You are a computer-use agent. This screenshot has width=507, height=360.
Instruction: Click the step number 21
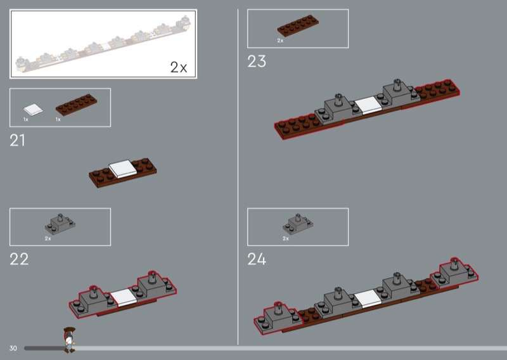[x=17, y=140]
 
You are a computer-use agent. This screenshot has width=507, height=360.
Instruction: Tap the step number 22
[x=19, y=259]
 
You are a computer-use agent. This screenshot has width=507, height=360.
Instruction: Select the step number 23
[x=257, y=61]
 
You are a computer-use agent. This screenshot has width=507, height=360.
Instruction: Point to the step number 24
[x=257, y=259]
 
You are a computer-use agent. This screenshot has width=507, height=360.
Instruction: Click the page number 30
[x=13, y=349]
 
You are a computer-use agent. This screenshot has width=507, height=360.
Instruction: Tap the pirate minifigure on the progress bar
[x=69, y=340]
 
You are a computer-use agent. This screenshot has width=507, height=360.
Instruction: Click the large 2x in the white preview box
[x=179, y=67]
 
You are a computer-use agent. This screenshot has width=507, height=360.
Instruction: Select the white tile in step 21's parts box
[x=33, y=110]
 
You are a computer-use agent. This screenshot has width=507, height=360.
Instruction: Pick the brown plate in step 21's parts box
[x=76, y=105]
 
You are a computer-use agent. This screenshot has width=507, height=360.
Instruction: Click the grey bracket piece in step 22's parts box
[x=60, y=224]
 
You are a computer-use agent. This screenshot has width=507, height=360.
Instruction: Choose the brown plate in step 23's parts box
[x=298, y=25]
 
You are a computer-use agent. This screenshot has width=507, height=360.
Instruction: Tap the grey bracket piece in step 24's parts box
[x=298, y=224]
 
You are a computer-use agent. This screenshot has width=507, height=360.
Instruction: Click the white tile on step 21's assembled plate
[x=122, y=169]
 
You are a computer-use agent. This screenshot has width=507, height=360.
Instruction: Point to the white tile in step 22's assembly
[x=124, y=298]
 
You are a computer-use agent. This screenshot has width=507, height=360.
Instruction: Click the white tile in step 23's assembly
[x=369, y=105]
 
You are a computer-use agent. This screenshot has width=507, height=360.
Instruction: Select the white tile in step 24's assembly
[x=368, y=299]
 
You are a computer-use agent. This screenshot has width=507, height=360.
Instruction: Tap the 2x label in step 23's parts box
[x=280, y=41]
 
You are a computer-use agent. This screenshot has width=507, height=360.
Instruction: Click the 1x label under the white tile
[x=26, y=119]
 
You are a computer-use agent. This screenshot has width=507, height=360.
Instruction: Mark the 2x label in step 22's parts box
[x=48, y=239]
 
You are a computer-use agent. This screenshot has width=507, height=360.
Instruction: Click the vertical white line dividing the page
[x=238, y=177]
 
